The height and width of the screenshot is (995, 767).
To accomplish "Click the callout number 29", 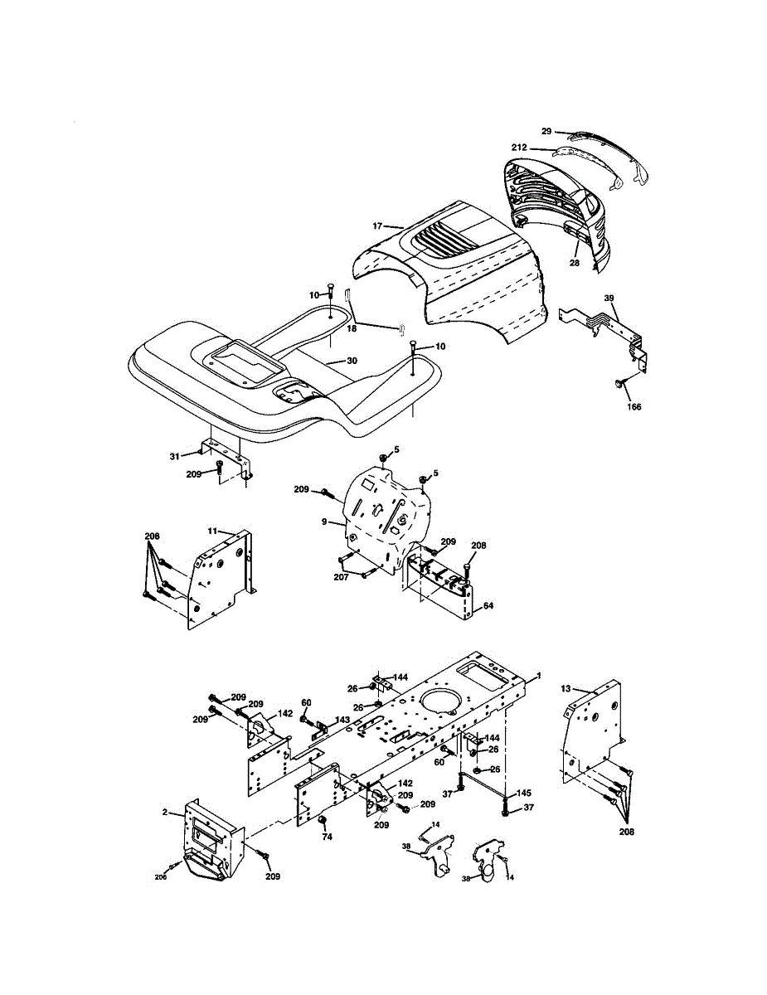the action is [546, 131].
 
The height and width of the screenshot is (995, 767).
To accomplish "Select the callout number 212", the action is [519, 148].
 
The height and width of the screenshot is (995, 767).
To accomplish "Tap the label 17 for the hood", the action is [376, 226].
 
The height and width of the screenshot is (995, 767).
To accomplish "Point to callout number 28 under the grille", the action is [574, 263].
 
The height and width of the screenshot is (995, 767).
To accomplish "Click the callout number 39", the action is [609, 298].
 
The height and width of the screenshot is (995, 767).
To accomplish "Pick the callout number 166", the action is [634, 406].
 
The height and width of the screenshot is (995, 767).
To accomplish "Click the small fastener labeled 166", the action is [619, 383].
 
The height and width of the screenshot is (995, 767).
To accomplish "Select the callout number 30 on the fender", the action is [352, 361].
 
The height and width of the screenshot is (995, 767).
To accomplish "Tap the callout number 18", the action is [352, 329].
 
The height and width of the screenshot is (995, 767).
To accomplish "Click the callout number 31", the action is [174, 457].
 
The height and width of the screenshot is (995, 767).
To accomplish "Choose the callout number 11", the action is [212, 531].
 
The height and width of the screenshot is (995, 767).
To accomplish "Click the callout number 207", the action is [341, 577].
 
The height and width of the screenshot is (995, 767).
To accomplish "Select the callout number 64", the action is [488, 605].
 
